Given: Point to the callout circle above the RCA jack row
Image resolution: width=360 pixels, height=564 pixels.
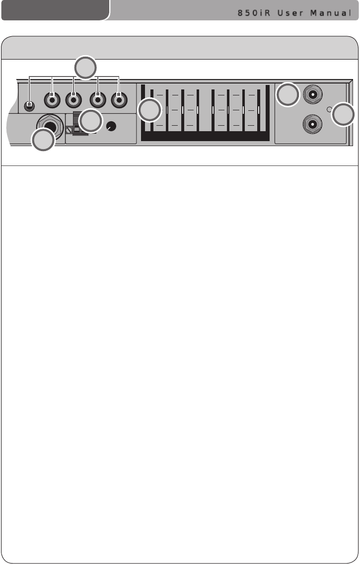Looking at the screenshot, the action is (85, 68).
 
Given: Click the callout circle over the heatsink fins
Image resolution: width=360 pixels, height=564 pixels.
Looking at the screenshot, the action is (150, 110).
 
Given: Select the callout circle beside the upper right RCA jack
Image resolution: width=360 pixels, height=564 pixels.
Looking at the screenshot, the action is (288, 95).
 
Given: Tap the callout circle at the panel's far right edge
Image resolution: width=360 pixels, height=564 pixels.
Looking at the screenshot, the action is (344, 114).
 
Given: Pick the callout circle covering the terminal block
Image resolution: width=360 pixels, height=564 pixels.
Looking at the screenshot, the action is (91, 121).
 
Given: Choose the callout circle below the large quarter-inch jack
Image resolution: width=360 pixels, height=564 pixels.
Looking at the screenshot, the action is (43, 141).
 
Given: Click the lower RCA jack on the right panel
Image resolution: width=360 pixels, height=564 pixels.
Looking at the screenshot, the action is (312, 124).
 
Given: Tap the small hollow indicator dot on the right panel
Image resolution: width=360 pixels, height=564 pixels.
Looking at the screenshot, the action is (329, 109).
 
